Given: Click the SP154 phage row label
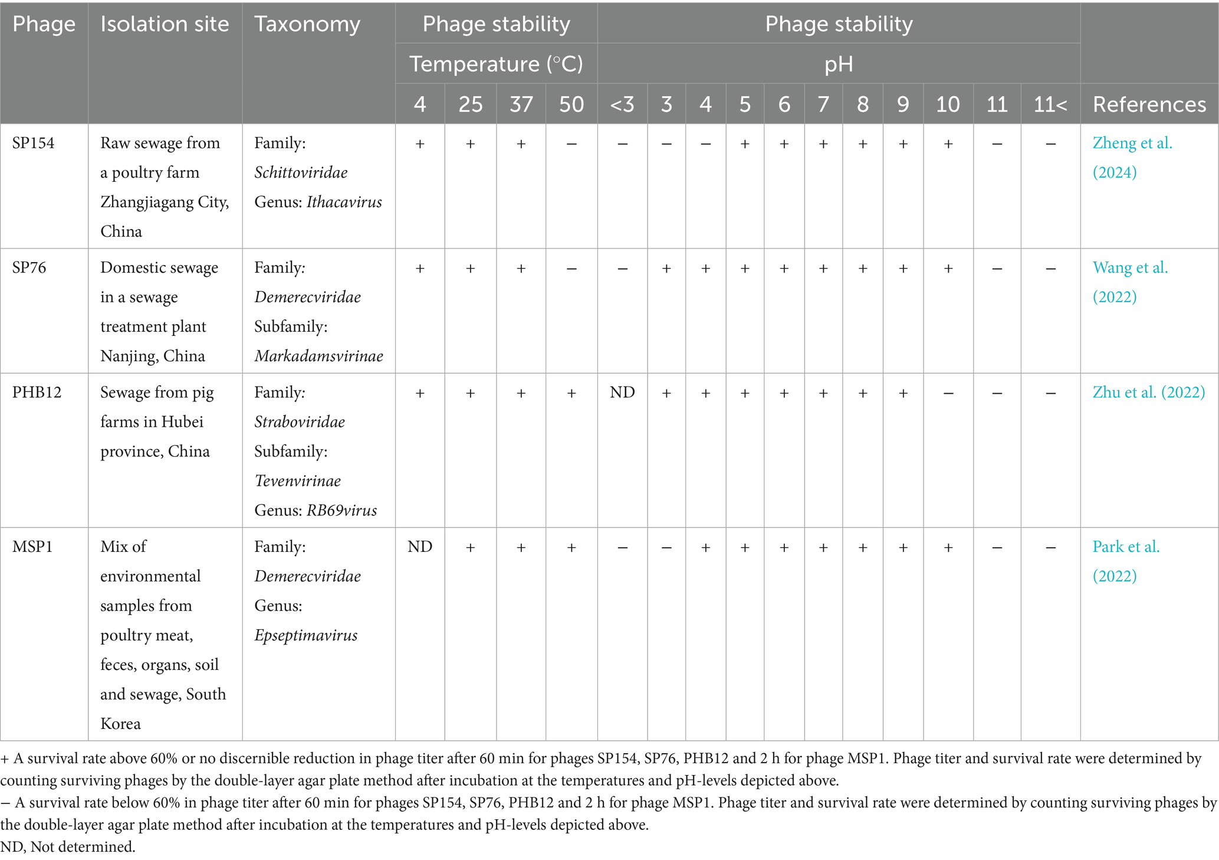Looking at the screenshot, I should pyautogui.click(x=33, y=143).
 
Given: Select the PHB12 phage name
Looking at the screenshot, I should pyautogui.click(x=37, y=393).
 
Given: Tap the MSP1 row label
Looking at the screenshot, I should pyautogui.click(x=32, y=547).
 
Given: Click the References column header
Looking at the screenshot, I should pyautogui.click(x=1149, y=104).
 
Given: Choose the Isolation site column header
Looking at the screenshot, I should pyautogui.click(x=165, y=24).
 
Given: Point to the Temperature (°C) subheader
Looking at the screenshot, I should pyautogui.click(x=496, y=64).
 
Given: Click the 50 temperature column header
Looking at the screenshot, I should pyautogui.click(x=571, y=104).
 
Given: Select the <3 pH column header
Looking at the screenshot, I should pyautogui.click(x=622, y=104).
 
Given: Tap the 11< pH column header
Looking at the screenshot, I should pyautogui.click(x=1050, y=104).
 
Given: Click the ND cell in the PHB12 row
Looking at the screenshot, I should pyautogui.click(x=622, y=393).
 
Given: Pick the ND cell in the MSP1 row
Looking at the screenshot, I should pyautogui.click(x=419, y=547).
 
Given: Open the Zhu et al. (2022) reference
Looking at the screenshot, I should pyautogui.click(x=1148, y=393).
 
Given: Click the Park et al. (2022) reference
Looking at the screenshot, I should pyautogui.click(x=1126, y=561).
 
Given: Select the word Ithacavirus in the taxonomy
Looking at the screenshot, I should pyautogui.click(x=344, y=202).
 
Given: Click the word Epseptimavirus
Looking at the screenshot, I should pyautogui.click(x=305, y=636).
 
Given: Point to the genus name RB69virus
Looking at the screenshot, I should pyautogui.click(x=341, y=511).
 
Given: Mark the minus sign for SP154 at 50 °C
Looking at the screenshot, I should pyautogui.click(x=571, y=144).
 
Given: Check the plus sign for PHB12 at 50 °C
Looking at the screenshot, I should pyautogui.click(x=571, y=393).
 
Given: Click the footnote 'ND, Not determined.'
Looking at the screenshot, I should pyautogui.click(x=68, y=847).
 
